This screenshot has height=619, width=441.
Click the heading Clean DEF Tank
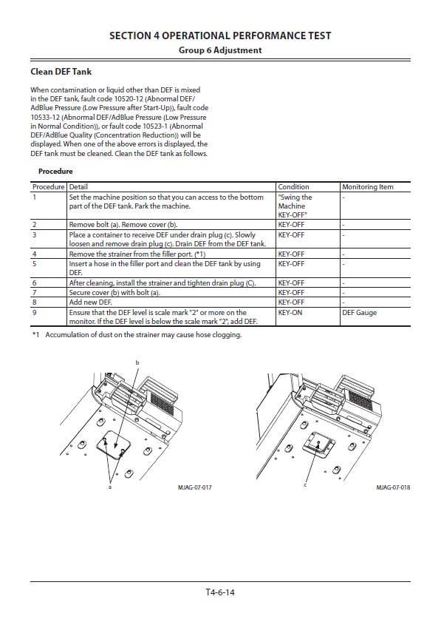61,72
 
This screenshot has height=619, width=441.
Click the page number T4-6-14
220,592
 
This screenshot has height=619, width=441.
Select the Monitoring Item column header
368,187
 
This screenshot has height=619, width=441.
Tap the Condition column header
293,187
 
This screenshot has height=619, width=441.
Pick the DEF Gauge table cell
359,313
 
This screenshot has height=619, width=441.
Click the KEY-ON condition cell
290,313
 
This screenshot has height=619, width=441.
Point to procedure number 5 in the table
34,264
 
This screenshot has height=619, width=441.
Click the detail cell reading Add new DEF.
90,302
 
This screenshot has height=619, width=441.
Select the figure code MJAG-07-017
195,487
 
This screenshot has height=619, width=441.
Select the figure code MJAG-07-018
393,487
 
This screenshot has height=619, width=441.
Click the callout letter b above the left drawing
137,362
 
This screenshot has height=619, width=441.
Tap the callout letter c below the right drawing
305,485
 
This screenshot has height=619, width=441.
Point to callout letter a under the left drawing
110,487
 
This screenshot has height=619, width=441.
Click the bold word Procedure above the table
55,172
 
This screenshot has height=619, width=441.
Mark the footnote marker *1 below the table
36,335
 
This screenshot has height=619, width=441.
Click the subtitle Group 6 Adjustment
220,50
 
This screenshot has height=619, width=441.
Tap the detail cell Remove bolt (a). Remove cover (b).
123,225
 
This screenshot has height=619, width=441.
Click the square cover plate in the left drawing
112,445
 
